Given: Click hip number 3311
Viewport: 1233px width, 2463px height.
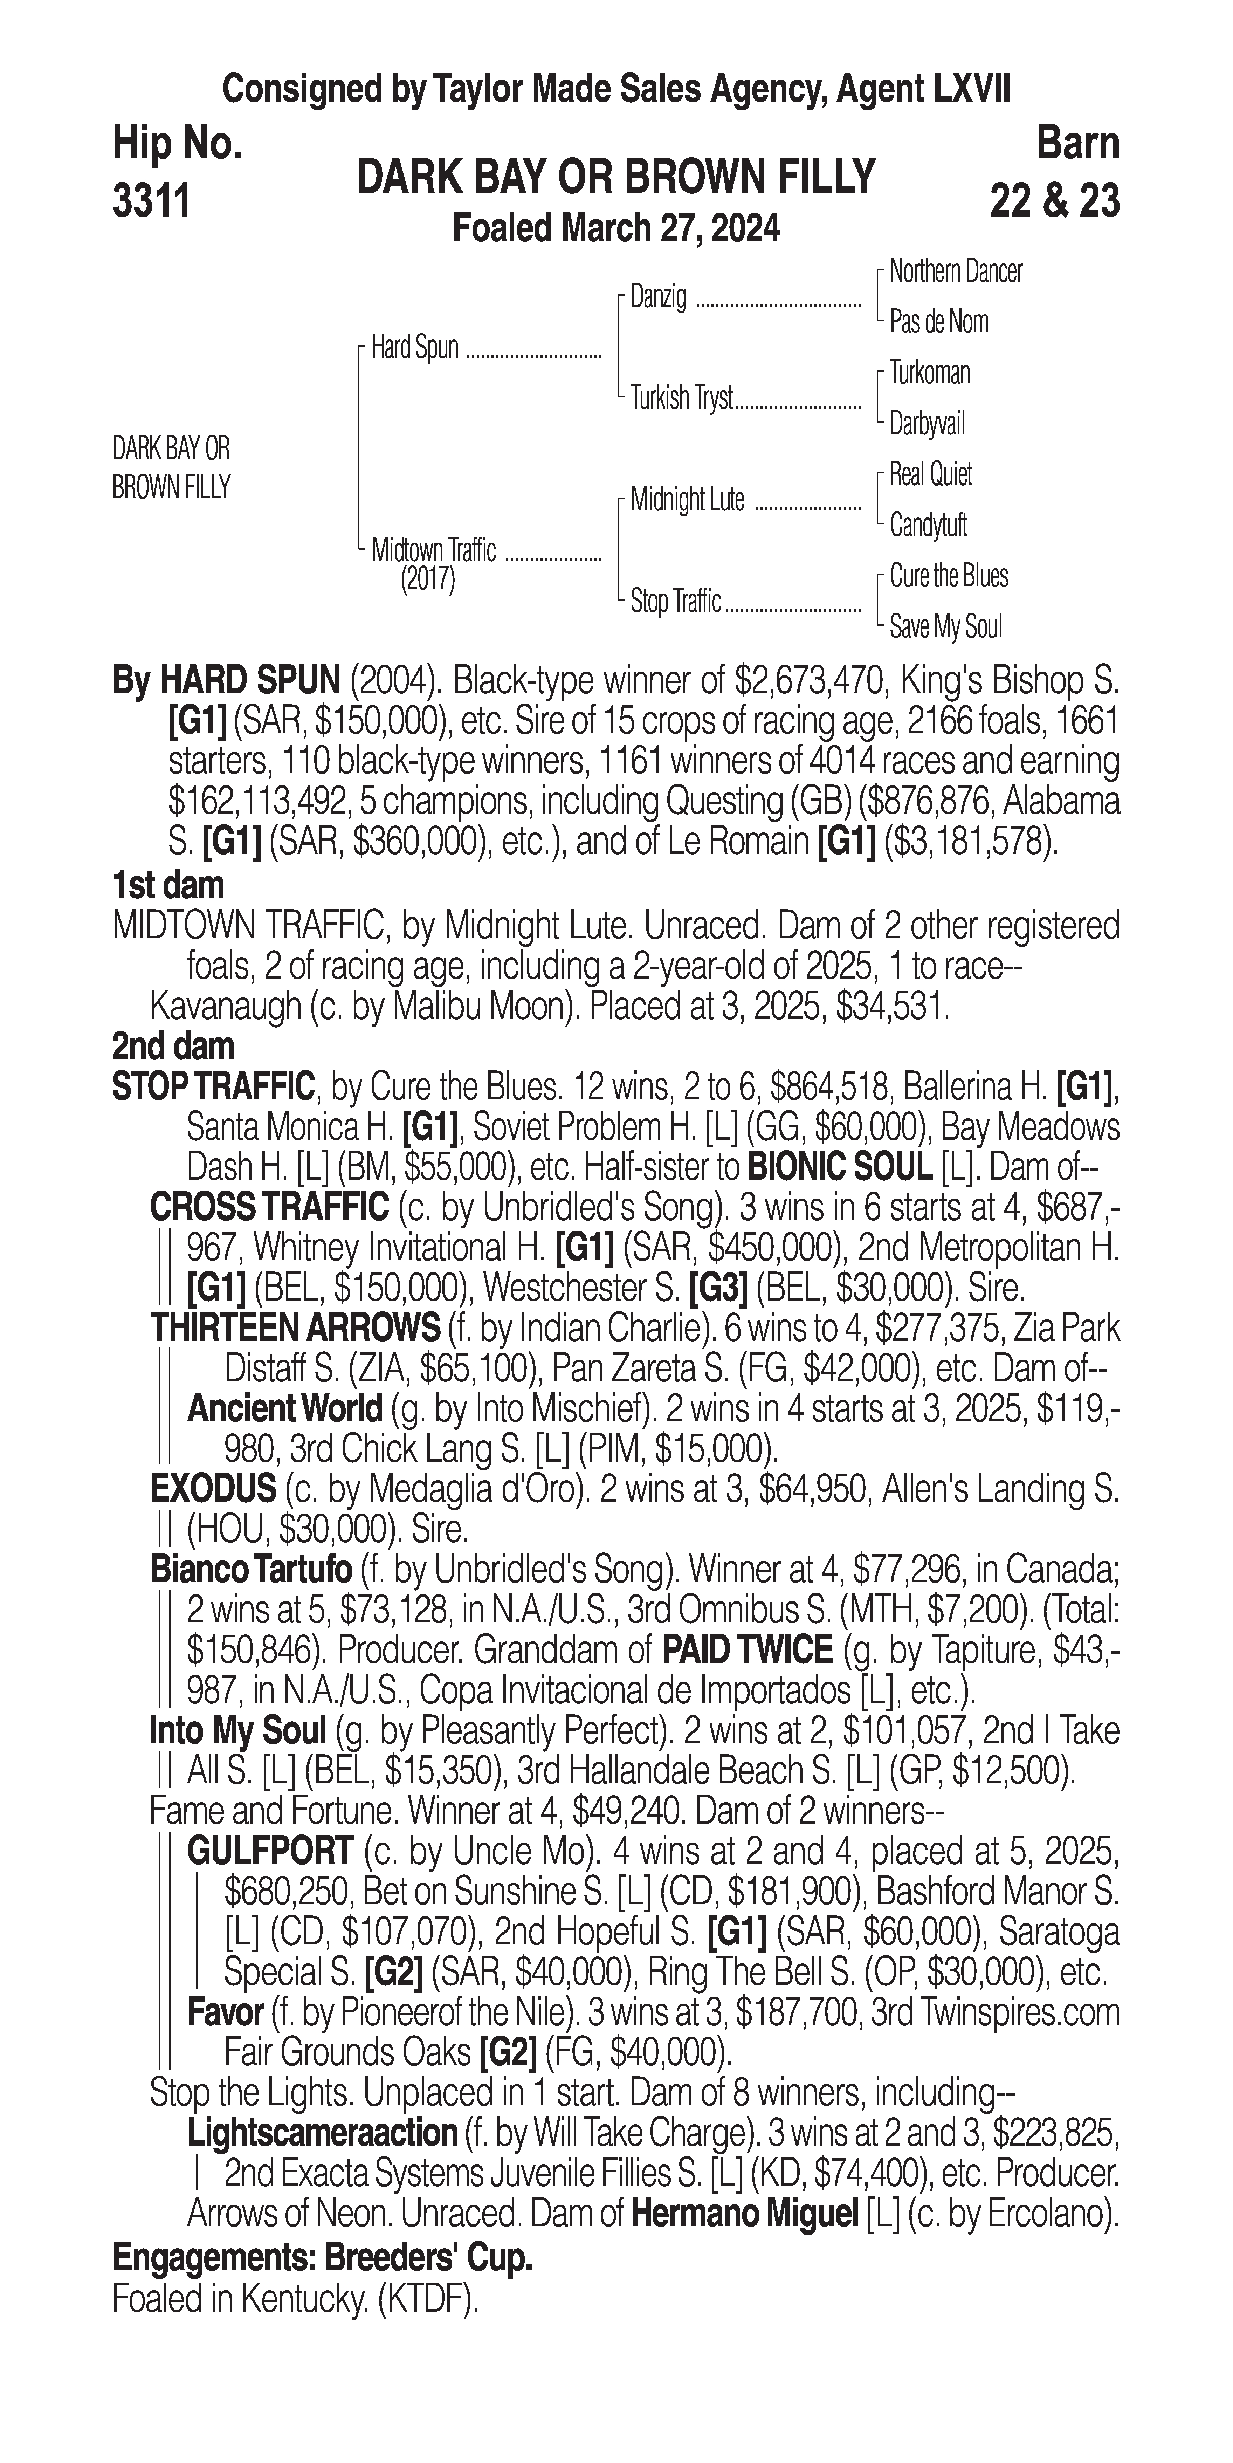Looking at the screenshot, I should coord(151,202).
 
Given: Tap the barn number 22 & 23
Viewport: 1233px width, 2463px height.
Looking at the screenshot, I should coord(1054,202).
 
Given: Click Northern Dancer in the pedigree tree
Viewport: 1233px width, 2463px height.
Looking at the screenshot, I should coord(955,272).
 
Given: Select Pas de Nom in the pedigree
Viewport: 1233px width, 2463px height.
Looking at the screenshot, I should coord(939,322).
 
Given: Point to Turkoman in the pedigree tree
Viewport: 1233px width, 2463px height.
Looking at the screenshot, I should coord(929,373).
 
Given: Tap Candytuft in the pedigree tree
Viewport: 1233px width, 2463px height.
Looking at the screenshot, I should coord(928,525).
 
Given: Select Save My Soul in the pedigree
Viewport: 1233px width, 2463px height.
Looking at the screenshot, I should coord(945,627).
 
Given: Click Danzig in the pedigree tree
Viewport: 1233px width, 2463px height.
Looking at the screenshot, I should coord(657,297).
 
